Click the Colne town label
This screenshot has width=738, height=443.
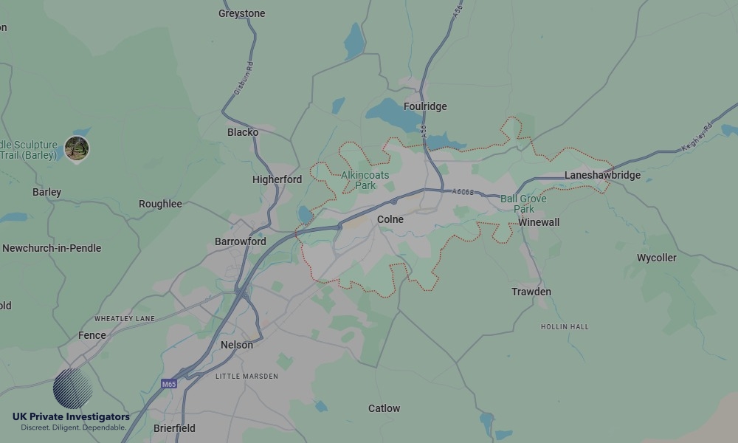coord(390,219)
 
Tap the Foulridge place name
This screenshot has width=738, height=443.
coord(425,106)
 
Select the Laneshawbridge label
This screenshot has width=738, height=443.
coord(602,175)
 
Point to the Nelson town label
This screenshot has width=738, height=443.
coord(236,345)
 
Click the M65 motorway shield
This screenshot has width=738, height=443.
coord(170,384)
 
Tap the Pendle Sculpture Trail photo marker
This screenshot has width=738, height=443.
coord(77,148)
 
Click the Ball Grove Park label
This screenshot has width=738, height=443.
coord(523,204)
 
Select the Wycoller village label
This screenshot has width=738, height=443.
coord(656,258)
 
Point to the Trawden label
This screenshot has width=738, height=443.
coord(531,292)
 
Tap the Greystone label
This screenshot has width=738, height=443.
coord(241,13)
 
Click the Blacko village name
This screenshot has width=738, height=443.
coord(243,132)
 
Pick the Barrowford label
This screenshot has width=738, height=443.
coord(240,241)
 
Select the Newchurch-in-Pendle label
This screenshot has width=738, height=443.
coord(52,248)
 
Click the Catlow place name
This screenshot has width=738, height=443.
coord(384,408)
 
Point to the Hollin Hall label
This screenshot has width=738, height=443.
coord(565,326)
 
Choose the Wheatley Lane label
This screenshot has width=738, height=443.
coord(125,318)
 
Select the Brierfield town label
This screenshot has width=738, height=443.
coord(174,428)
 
